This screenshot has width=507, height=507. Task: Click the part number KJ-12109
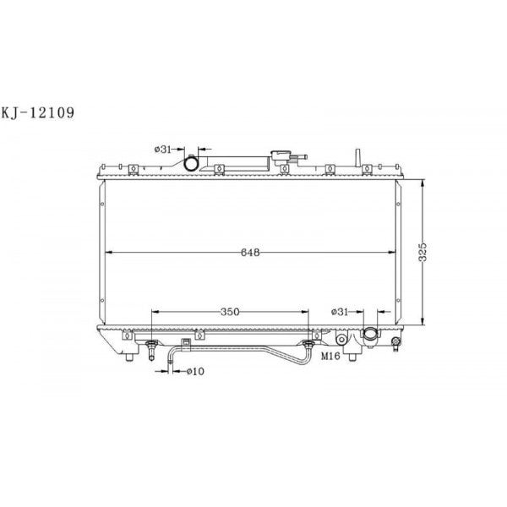click(x=40, y=111)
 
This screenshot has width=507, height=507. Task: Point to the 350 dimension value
click(x=228, y=312)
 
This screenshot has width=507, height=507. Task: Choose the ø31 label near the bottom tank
click(x=340, y=312)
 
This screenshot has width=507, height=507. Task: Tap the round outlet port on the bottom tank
click(x=373, y=336)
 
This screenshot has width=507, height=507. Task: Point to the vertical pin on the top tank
click(x=358, y=157)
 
